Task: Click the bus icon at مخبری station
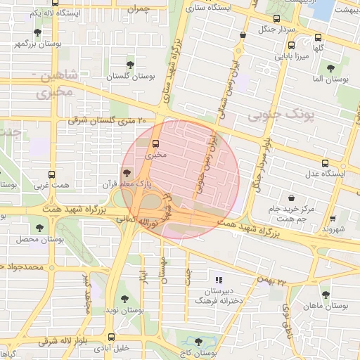[x=155, y=141]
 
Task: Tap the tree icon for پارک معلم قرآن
[x=127, y=172]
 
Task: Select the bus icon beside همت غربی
[x=51, y=174]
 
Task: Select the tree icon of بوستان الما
[x=330, y=68]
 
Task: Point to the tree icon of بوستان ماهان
[x=325, y=295]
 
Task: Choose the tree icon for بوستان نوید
[x=124, y=299]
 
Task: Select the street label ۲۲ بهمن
[x=273, y=280]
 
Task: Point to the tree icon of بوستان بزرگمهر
[x=37, y=32]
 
